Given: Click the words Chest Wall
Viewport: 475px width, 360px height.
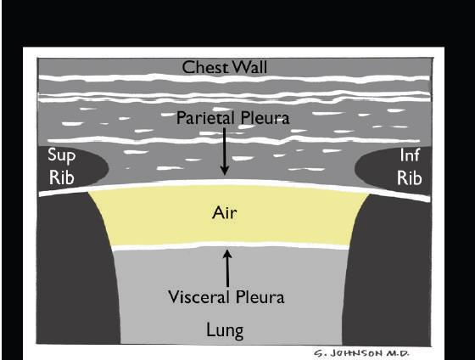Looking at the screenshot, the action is point(225,67).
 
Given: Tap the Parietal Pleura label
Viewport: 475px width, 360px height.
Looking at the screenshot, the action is point(232,118).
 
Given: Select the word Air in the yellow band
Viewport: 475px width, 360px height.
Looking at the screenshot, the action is point(224,212).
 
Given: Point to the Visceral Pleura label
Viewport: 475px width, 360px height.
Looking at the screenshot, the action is point(226,297).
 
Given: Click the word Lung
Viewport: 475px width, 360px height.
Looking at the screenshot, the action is point(225,330).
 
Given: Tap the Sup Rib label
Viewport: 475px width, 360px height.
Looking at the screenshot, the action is point(61,166).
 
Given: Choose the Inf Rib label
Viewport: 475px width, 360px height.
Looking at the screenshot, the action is point(410,166).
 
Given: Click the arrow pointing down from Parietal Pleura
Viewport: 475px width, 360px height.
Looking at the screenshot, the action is point(225,151).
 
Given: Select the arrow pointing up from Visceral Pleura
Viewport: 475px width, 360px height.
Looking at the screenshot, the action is point(227,268).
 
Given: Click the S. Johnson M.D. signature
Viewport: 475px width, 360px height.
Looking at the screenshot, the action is point(361,353).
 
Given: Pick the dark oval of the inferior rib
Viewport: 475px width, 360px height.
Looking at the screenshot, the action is point(393,170).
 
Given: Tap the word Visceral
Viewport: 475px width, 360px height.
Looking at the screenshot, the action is point(198,297).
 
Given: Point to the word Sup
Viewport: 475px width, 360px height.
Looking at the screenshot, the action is point(61,155).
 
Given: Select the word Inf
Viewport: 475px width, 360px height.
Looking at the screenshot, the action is point(410,155).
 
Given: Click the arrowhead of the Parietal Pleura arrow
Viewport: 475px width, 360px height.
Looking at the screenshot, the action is point(225,171).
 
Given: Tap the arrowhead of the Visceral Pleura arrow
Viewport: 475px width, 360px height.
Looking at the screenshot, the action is point(227,254).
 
